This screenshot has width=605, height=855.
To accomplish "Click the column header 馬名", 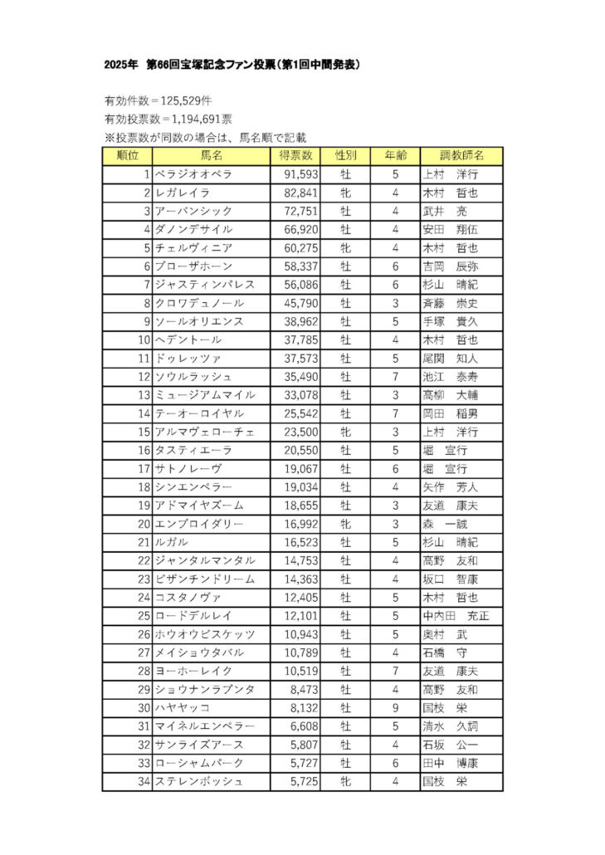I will coord(211,155).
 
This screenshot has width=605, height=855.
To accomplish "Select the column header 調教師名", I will coord(461,155).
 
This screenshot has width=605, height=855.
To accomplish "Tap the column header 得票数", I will coord(295,155).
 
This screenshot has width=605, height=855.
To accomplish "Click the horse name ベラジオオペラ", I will coord(193,174).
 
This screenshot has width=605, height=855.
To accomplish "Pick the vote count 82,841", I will coord(295,193).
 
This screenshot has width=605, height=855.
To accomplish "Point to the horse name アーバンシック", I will coord(193,211).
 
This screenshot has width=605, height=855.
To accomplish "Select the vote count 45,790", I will coord(295,303).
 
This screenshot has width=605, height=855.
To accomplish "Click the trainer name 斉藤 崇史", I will coord(450,303).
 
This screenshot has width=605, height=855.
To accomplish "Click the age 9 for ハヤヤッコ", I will coord(396,707).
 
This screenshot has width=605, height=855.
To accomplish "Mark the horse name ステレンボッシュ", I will coord(198,781).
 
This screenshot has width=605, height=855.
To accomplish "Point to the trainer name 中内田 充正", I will coord(455,615).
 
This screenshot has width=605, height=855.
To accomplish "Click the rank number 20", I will coord(143,523).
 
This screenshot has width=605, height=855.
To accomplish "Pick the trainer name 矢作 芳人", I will coord(450,486).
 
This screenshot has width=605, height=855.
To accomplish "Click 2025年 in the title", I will coord(121,64).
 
